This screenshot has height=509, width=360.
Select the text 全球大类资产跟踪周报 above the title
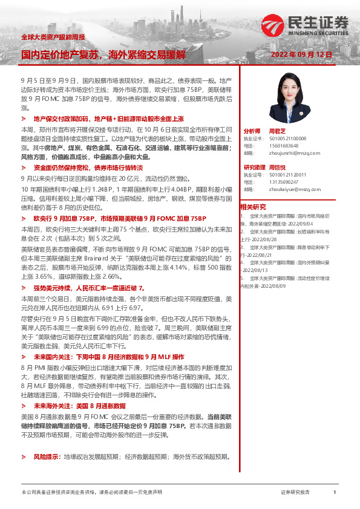coord(53,37)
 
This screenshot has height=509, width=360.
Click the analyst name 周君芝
coord(277,131)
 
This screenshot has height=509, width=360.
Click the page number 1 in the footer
coord(335,492)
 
